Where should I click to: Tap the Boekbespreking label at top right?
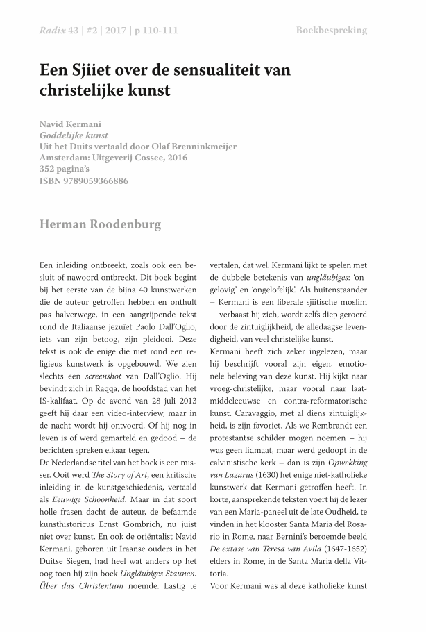point(331,31)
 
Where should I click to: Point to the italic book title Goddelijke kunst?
point(73,135)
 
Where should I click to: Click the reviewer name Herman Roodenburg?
point(101,225)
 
